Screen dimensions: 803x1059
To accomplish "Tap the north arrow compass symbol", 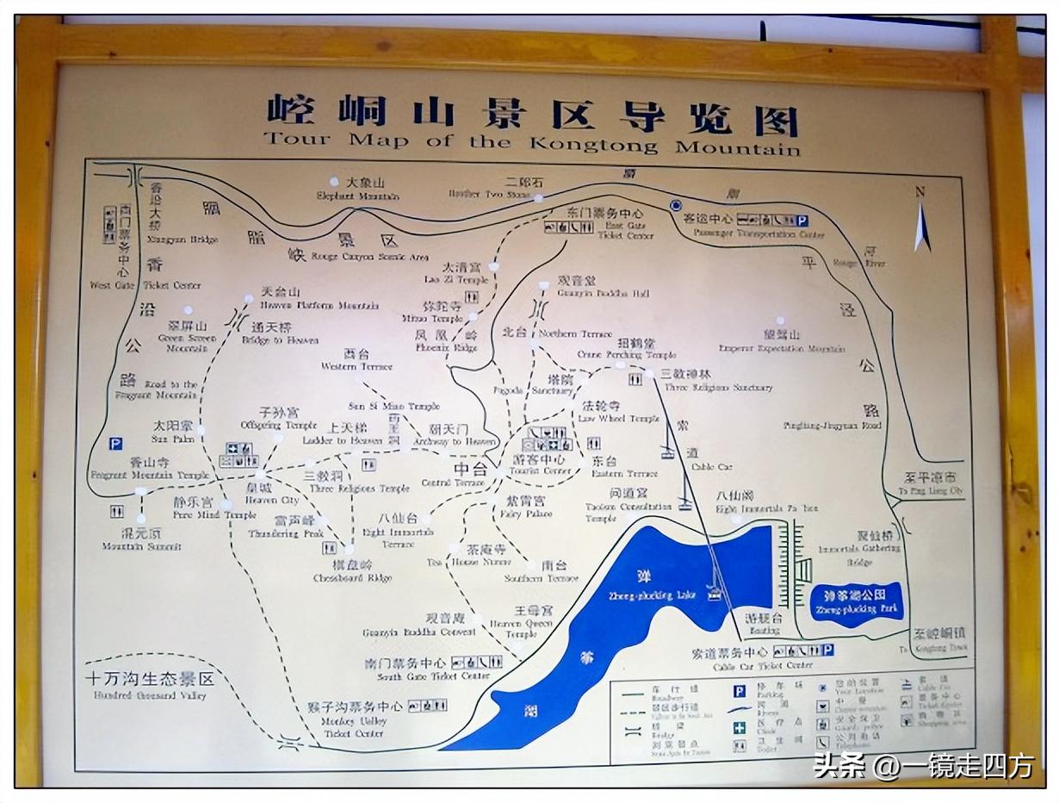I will (921, 222).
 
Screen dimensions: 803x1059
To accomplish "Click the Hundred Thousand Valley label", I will (148, 686).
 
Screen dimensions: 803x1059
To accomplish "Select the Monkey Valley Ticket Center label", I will (354, 719).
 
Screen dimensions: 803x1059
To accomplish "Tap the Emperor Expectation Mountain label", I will (781, 341).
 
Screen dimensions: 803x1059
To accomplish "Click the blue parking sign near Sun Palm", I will (115, 444).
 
